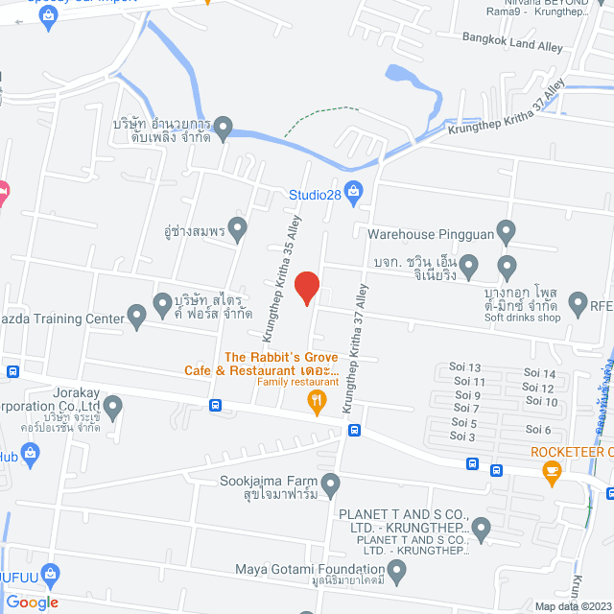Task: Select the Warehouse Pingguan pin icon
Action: [x=508, y=231]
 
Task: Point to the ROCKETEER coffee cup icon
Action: [x=551, y=469]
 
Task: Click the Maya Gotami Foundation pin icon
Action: [x=397, y=572]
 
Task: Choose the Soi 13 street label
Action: [x=465, y=367]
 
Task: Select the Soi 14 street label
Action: [x=540, y=374]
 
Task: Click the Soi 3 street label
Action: [x=462, y=437]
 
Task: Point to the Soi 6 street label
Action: [x=537, y=429]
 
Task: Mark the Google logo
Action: [x=32, y=602]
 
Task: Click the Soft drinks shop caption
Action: [x=522, y=318]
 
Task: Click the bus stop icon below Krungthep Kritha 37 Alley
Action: [x=354, y=431]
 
